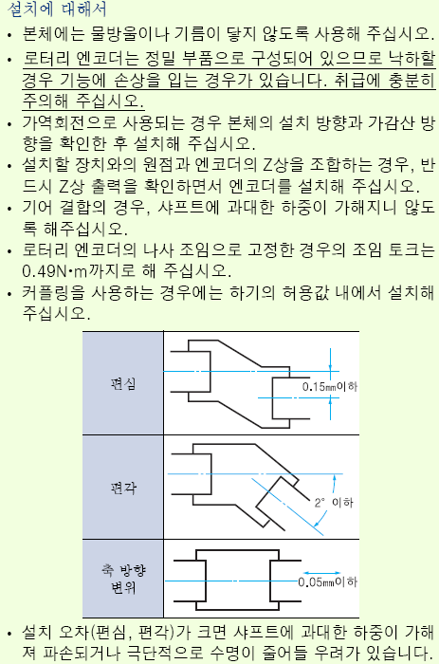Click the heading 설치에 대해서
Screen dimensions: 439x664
pos(57,9)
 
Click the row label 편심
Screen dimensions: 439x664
pos(122,383)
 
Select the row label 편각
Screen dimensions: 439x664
pos(122,488)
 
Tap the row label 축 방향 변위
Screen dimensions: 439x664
pos(123,579)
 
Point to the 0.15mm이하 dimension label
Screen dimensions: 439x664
pos(330,386)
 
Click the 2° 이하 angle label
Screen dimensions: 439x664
pos(334,502)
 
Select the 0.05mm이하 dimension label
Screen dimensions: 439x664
pos(328,582)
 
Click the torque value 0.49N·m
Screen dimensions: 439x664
pos(55,271)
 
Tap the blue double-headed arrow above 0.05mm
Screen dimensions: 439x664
pos(321,573)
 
